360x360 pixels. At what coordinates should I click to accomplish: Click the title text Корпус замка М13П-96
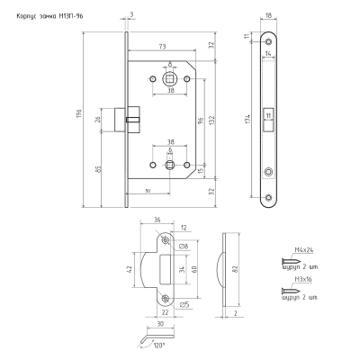49,16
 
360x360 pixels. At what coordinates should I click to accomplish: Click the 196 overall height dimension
79,113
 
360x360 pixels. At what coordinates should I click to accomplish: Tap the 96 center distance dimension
201,121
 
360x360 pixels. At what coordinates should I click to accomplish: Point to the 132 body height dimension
211,121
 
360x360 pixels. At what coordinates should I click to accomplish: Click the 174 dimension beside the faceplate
247,119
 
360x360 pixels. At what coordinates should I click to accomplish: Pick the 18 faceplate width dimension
269,15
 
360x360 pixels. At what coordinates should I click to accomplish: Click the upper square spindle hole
170,79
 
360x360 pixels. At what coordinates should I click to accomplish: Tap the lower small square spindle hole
170,165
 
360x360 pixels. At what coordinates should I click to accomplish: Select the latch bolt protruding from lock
120,120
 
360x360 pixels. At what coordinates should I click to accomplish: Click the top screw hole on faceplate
269,41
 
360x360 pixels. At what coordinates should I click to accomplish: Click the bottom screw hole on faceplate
269,197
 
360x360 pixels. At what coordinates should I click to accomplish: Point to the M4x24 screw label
304,250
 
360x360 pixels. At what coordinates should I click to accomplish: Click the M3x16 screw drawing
291,291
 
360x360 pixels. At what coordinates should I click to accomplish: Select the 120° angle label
159,346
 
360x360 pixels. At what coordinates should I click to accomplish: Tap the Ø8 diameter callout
184,247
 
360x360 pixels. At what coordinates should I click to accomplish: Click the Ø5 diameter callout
184,305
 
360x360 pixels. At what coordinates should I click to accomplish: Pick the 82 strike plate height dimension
235,269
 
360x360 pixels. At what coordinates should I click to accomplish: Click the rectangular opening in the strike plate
166,269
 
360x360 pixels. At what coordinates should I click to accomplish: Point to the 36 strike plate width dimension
157,220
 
